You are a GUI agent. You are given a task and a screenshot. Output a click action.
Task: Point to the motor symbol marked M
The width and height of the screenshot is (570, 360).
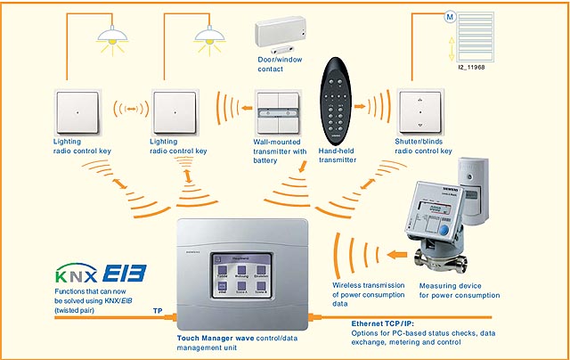(x=448, y=16)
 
